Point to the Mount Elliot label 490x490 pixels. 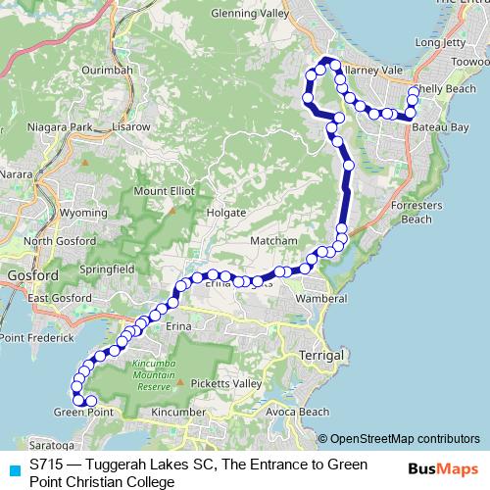165,190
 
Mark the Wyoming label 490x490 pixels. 82,212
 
